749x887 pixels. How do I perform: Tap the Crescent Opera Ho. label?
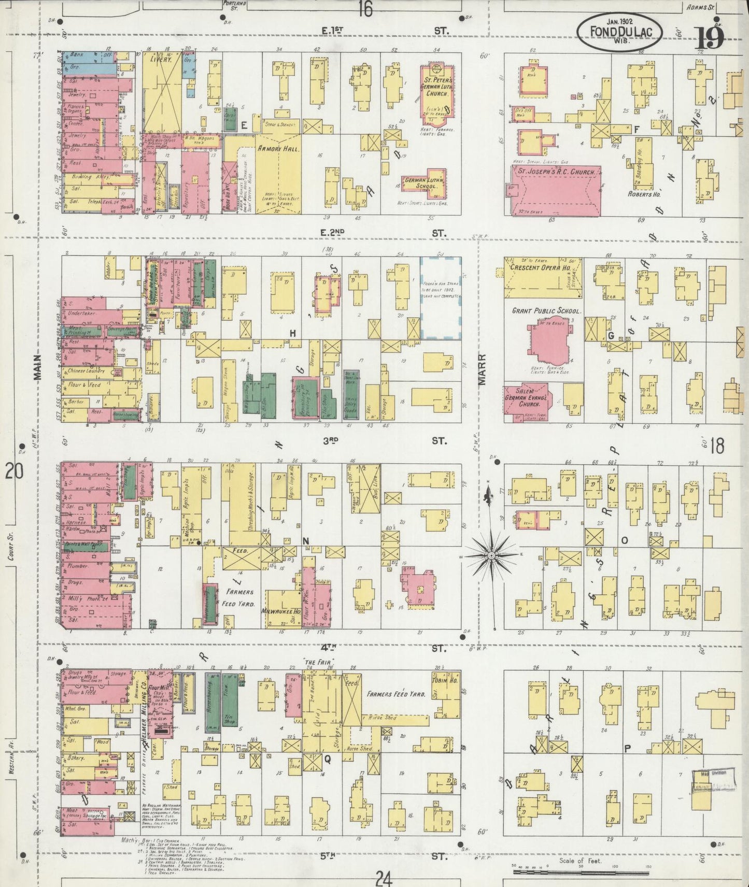tap(541, 268)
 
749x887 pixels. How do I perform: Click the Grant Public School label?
tap(546, 311)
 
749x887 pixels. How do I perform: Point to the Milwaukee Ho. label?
tap(281, 611)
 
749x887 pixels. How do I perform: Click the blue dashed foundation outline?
tap(440, 298)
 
